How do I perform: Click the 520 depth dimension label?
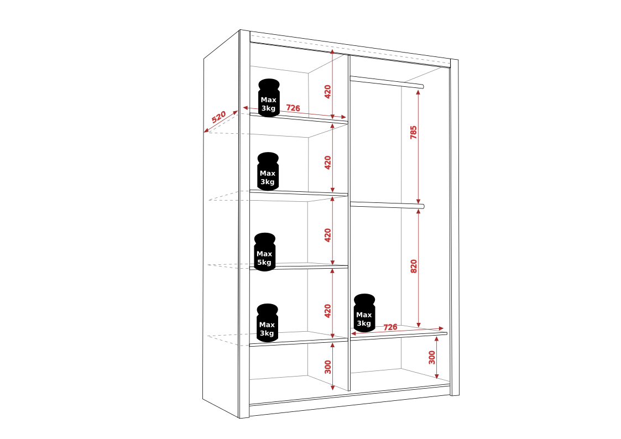click(218, 117)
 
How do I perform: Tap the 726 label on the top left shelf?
click(293, 108)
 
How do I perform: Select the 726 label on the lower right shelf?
click(390, 327)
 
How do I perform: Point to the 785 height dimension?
click(414, 132)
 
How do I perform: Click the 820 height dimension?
click(414, 266)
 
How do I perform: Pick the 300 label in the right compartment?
click(432, 358)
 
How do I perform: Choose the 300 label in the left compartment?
click(327, 367)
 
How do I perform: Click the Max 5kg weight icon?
click(264, 252)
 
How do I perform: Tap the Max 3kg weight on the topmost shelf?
click(269, 97)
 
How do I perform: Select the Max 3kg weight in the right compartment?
click(364, 313)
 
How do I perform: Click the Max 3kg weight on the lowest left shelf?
click(267, 323)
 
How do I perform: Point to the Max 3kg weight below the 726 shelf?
click(268, 171)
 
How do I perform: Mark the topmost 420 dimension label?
click(327, 92)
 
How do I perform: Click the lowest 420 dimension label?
click(327, 311)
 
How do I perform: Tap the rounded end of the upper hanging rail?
click(422, 86)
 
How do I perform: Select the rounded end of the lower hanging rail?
click(422, 206)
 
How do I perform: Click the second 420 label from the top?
click(327, 163)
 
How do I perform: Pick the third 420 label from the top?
click(327, 236)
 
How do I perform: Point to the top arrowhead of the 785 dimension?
click(418, 92)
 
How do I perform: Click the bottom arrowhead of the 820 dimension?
click(419, 325)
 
